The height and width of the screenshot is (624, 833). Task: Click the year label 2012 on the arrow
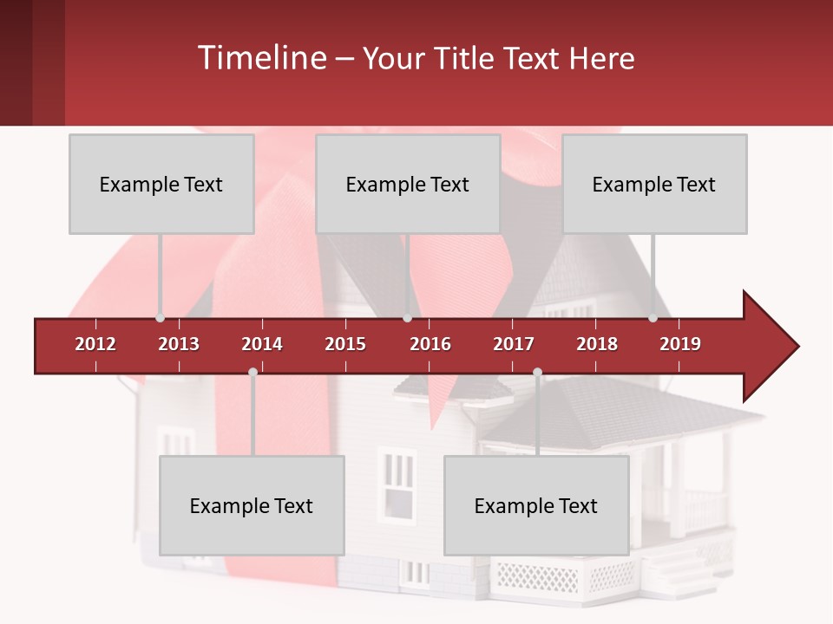tap(95, 344)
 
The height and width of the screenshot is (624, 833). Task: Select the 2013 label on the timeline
tap(179, 344)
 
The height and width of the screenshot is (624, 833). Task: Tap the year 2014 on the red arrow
tap(262, 344)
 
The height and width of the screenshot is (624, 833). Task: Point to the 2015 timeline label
tap(345, 344)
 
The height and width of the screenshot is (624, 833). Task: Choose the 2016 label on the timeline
tap(430, 344)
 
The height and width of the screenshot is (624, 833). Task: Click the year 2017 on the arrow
tap(514, 344)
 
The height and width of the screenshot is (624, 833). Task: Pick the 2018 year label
tap(597, 344)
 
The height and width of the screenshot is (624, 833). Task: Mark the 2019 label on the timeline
tap(680, 344)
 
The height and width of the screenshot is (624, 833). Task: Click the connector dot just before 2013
tap(160, 318)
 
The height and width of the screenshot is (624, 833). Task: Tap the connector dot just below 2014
tap(253, 372)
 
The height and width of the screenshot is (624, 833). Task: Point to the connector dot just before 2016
tap(407, 318)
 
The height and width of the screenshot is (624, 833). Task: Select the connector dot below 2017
tap(537, 372)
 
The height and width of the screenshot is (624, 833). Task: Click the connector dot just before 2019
tap(653, 318)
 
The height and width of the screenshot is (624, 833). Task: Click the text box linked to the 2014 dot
tap(252, 505)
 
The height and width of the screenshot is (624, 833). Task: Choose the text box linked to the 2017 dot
tap(536, 505)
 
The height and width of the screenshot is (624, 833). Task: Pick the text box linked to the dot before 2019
tap(654, 184)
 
